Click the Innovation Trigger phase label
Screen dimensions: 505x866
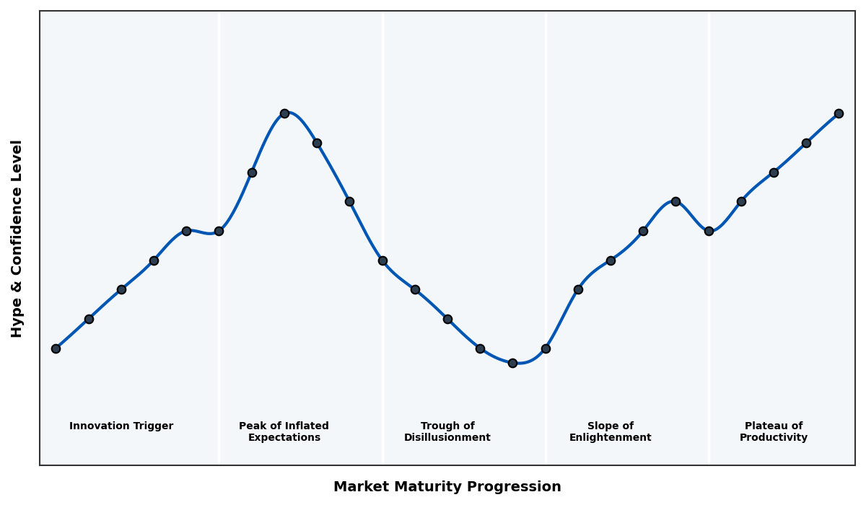pos(121,426)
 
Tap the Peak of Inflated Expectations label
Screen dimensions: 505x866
pos(284,431)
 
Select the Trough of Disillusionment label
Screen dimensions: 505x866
pos(447,431)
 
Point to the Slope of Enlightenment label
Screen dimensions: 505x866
pos(610,431)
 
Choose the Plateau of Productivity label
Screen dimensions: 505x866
pos(773,431)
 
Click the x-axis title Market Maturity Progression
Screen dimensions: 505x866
pos(447,487)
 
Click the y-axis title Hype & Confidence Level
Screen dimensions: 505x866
pos(17,238)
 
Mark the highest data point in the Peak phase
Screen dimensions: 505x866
pos(284,113)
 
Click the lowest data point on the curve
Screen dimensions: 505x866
pos(512,363)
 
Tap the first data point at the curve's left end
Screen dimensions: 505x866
pos(56,348)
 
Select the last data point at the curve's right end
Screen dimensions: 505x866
pos(839,113)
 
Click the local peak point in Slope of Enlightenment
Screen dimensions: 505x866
pos(675,201)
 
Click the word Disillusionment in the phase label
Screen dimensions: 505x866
pos(447,438)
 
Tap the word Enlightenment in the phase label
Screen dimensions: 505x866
pos(610,438)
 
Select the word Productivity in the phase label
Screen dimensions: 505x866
pos(773,438)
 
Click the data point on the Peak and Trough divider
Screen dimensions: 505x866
pos(382,260)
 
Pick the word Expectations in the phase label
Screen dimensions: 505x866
pos(284,438)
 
